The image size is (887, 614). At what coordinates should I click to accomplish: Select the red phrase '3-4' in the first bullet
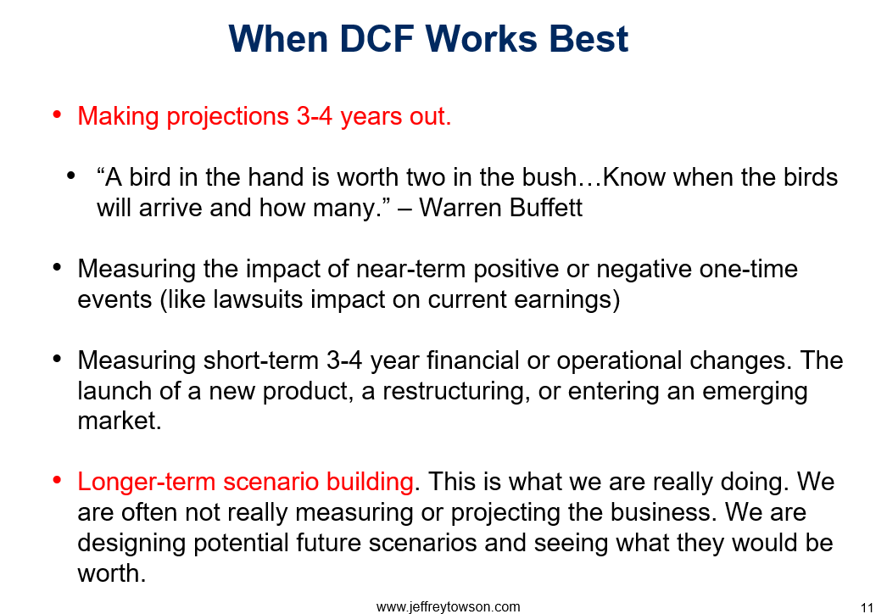click(314, 116)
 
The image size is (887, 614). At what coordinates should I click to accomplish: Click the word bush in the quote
click(548, 177)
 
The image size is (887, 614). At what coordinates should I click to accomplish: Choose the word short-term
click(261, 360)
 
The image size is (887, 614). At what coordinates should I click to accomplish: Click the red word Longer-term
click(146, 483)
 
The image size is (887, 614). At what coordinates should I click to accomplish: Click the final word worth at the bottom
click(111, 573)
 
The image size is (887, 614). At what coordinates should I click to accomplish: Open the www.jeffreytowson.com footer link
click(448, 606)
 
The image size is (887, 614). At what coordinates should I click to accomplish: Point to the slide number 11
click(867, 608)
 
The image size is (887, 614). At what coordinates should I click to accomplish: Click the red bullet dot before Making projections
click(57, 114)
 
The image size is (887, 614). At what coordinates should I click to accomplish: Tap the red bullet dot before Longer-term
click(57, 481)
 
